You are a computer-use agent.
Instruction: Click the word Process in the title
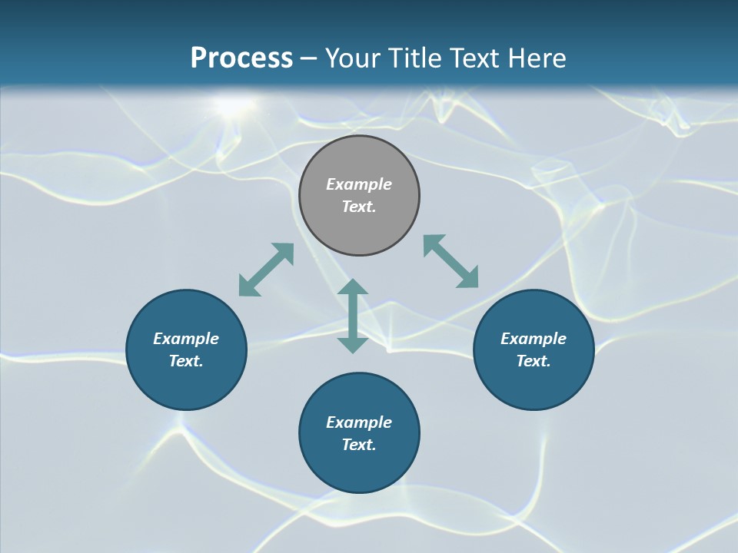coord(241,58)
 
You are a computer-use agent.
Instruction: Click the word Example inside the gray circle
coord(359,184)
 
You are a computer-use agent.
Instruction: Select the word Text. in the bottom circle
coord(359,445)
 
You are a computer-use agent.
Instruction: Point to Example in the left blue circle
coord(186,339)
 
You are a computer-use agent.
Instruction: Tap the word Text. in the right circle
coord(534,361)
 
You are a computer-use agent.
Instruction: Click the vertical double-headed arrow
coord(353,316)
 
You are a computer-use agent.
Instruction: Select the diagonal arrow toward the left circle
coord(266,270)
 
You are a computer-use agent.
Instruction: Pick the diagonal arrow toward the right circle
coord(451,262)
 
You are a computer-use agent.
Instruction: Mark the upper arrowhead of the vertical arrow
coord(353,287)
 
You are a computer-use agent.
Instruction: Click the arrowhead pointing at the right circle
coord(468,278)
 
